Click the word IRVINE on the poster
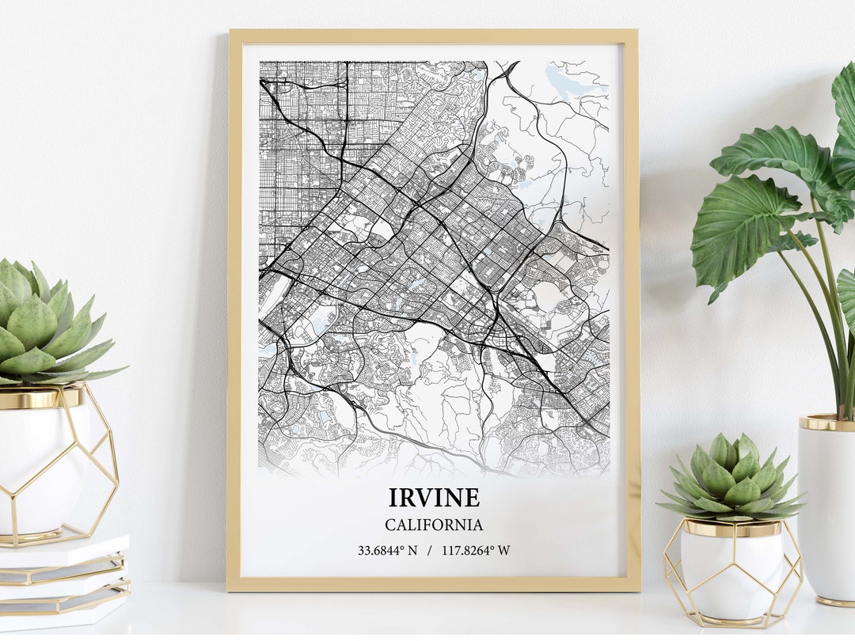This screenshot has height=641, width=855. (x=434, y=497)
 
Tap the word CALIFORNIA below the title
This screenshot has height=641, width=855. (x=434, y=525)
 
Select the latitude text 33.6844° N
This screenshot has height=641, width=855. (x=387, y=550)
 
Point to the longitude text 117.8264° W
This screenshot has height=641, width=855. (x=476, y=550)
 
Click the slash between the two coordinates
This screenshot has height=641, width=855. (x=429, y=550)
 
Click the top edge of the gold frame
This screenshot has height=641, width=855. (x=433, y=36)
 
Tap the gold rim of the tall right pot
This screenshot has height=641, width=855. (x=827, y=423)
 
